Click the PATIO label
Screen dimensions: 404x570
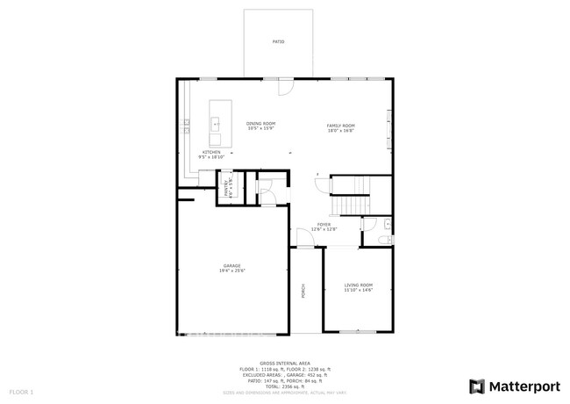(278, 41)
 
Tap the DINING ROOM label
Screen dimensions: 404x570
(260, 125)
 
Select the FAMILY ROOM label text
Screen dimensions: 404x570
(340, 126)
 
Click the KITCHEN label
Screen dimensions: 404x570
(211, 152)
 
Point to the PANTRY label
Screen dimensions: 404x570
(224, 186)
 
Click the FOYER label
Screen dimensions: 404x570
(324, 226)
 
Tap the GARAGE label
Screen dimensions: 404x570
(232, 265)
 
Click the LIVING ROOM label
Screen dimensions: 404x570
(358, 285)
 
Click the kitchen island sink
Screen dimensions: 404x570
(215, 125)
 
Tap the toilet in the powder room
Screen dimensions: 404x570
(387, 238)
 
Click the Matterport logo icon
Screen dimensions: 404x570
(477, 386)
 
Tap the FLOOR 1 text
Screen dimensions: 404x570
(21, 390)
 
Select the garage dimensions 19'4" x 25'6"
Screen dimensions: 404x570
(232, 271)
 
